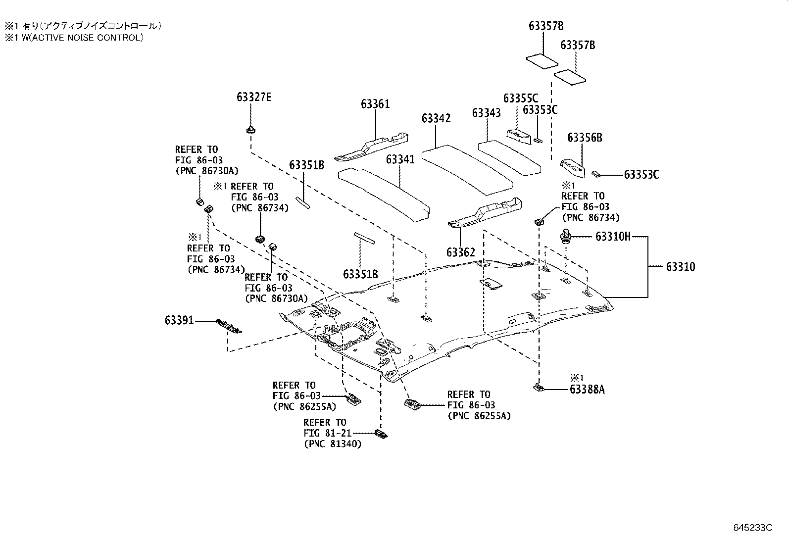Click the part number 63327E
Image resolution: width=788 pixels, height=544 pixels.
254,97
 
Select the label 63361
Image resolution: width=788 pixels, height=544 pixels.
375,104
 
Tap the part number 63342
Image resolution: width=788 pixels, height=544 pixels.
436,118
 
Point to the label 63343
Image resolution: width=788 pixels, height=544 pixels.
486,113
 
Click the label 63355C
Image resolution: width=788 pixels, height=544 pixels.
520,99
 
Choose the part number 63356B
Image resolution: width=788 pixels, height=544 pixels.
585,138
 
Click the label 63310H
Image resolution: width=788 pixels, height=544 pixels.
613,237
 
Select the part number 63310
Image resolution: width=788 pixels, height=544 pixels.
680,267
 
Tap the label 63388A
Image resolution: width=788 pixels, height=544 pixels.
587,390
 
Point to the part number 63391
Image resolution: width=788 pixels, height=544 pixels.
179,321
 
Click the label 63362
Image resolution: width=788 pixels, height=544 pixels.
460,252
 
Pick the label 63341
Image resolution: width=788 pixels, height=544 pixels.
400,159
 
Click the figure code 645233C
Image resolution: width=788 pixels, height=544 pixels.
753,528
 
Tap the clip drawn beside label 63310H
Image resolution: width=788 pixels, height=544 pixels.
565,237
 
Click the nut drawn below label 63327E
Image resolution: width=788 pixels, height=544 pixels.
250,131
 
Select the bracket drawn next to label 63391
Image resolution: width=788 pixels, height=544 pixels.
229,326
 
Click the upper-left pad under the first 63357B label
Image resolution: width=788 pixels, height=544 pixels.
542,61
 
